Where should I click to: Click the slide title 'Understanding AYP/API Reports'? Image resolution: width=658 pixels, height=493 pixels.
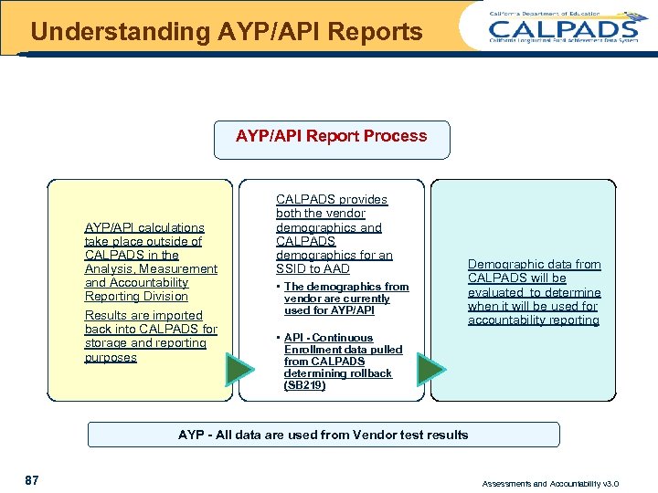[226, 32]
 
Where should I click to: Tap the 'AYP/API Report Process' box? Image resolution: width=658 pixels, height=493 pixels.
[331, 136]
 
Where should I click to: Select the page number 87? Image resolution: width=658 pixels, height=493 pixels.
[32, 480]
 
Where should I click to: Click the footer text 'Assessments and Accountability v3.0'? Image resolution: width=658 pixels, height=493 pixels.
[550, 483]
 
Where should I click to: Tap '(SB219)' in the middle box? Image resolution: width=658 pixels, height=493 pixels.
[304, 385]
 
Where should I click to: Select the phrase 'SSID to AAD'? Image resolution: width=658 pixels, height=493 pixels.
[313, 269]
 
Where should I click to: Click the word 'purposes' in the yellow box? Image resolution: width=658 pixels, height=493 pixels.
[111, 357]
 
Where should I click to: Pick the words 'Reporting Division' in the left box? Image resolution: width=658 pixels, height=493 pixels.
[136, 297]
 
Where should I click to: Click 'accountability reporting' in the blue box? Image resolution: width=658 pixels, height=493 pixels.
[534, 320]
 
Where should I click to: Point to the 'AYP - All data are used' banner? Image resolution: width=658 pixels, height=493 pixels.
[323, 435]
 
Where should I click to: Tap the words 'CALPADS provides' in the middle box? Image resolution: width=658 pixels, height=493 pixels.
[332, 199]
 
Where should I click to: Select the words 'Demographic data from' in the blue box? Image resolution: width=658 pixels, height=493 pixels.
[535, 265]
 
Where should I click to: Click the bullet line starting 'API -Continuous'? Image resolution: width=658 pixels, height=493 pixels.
[328, 338]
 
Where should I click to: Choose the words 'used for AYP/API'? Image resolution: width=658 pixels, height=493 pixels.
[329, 310]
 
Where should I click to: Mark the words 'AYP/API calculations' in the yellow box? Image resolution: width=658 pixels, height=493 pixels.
[144, 227]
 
